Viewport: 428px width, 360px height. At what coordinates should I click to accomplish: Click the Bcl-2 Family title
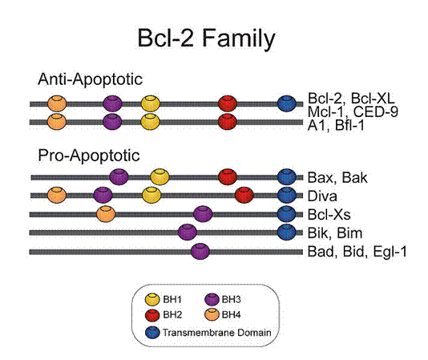click(206, 38)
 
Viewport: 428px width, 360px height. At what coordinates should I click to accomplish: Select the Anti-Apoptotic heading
click(90, 79)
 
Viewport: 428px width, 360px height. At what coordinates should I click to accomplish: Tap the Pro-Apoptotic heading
click(89, 156)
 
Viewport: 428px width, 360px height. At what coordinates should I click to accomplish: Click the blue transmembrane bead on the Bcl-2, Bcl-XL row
click(287, 103)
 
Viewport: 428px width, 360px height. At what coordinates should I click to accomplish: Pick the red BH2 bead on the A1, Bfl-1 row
click(228, 122)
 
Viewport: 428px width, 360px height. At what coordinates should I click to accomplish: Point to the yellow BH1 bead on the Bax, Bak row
click(159, 176)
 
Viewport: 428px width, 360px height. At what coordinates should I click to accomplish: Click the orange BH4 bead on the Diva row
click(57, 195)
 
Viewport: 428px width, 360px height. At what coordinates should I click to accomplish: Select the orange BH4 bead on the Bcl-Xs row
click(106, 214)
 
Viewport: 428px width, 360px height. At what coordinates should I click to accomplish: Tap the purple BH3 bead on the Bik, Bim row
click(188, 233)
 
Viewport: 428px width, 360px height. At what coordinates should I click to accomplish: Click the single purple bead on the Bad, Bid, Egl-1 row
click(200, 251)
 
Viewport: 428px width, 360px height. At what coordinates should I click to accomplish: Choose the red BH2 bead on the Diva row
click(244, 195)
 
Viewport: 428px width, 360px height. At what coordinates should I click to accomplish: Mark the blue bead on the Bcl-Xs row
click(286, 214)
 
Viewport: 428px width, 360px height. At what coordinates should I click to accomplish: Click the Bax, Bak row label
click(337, 178)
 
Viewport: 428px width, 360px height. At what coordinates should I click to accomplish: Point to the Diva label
click(322, 196)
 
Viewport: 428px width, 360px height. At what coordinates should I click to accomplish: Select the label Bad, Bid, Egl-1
click(357, 252)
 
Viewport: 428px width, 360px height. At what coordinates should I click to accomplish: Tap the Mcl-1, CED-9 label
click(353, 111)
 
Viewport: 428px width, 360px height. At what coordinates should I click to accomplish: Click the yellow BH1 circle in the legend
click(152, 299)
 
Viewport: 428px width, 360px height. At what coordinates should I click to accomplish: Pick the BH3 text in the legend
click(231, 300)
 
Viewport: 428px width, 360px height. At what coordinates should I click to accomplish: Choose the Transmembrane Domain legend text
click(217, 333)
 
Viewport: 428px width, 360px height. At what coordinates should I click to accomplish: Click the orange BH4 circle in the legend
click(212, 314)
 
